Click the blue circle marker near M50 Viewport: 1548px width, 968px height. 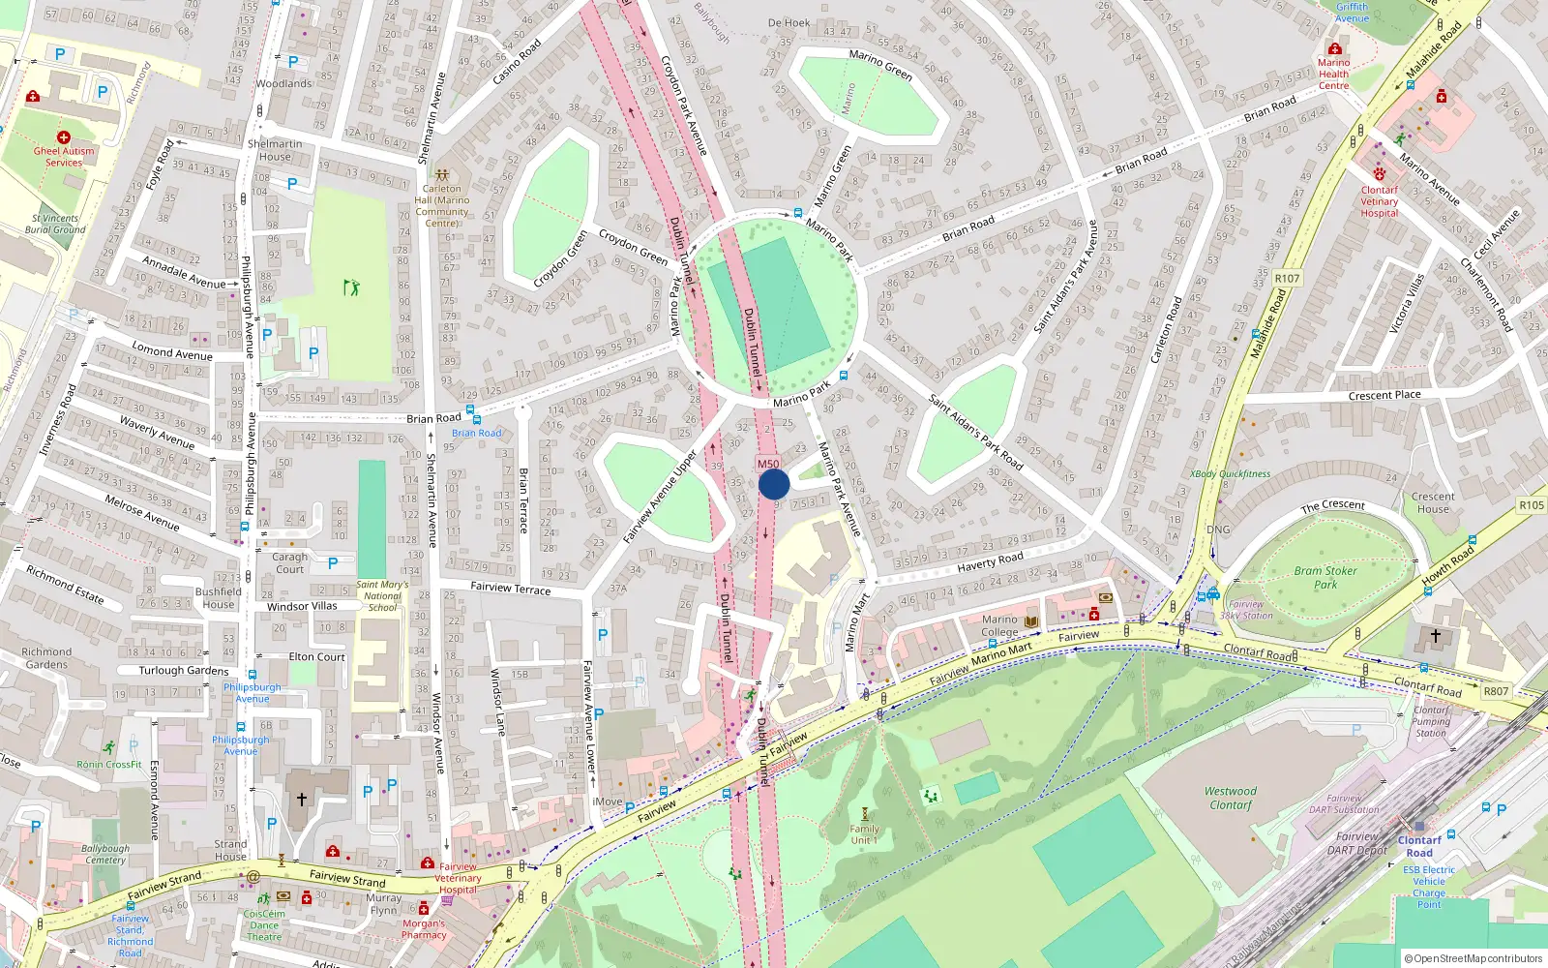[774, 484]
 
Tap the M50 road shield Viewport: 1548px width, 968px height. [768, 464]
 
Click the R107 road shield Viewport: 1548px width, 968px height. [1287, 279]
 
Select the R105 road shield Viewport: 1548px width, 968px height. [1532, 505]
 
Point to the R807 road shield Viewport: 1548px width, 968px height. [1496, 691]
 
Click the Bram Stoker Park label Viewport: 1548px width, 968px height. [1325, 578]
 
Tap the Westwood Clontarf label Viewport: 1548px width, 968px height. [1231, 798]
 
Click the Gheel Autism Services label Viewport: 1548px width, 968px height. [64, 156]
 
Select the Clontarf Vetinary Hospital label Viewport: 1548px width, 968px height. [1380, 201]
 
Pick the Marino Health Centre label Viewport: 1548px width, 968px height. [1333, 74]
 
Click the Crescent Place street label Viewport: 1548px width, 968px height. [1384, 395]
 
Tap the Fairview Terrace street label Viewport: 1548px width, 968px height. [510, 588]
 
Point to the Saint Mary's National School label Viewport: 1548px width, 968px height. [382, 596]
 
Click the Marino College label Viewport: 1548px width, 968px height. [999, 625]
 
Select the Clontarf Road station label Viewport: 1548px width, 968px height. [1419, 846]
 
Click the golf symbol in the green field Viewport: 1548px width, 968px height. [351, 287]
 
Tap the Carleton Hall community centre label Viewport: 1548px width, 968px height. [442, 205]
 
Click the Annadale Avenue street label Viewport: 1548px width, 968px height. [184, 273]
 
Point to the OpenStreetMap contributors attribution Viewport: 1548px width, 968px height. [1474, 958]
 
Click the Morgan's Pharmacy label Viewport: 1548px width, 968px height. [424, 928]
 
